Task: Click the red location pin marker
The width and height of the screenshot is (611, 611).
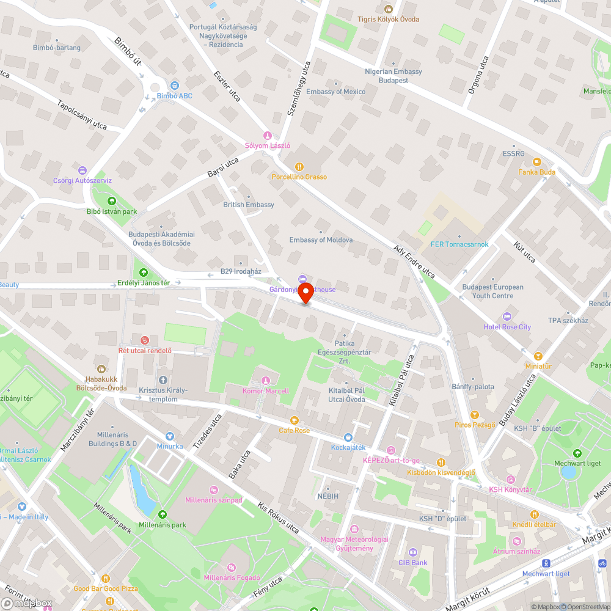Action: [x=305, y=292]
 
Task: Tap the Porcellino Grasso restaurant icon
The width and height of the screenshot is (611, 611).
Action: [x=299, y=166]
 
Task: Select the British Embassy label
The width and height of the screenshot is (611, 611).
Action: [x=249, y=205]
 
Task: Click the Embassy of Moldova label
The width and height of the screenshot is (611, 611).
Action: [x=321, y=240]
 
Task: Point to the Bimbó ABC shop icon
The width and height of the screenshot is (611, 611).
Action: [x=175, y=86]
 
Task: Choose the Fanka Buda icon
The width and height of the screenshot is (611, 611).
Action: [x=536, y=161]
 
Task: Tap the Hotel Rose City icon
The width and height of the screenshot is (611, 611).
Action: [x=507, y=316]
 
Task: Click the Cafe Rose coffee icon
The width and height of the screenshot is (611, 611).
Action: [x=295, y=420]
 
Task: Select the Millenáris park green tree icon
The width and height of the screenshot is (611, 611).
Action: [x=162, y=514]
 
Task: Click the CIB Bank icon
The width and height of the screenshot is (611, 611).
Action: [x=412, y=552]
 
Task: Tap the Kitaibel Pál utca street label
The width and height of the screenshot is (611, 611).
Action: [x=401, y=381]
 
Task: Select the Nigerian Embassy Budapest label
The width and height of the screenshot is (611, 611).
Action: [x=393, y=76]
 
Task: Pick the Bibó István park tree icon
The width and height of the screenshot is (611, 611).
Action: [x=111, y=201]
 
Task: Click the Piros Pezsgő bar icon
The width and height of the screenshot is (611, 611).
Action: [x=475, y=414]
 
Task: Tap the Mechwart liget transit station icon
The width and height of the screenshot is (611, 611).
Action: [x=546, y=563]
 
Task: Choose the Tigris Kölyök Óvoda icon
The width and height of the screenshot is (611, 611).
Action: [x=388, y=9]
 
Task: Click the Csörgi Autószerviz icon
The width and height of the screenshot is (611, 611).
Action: [x=82, y=170]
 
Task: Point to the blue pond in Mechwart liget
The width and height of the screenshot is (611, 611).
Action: [x=568, y=472]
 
